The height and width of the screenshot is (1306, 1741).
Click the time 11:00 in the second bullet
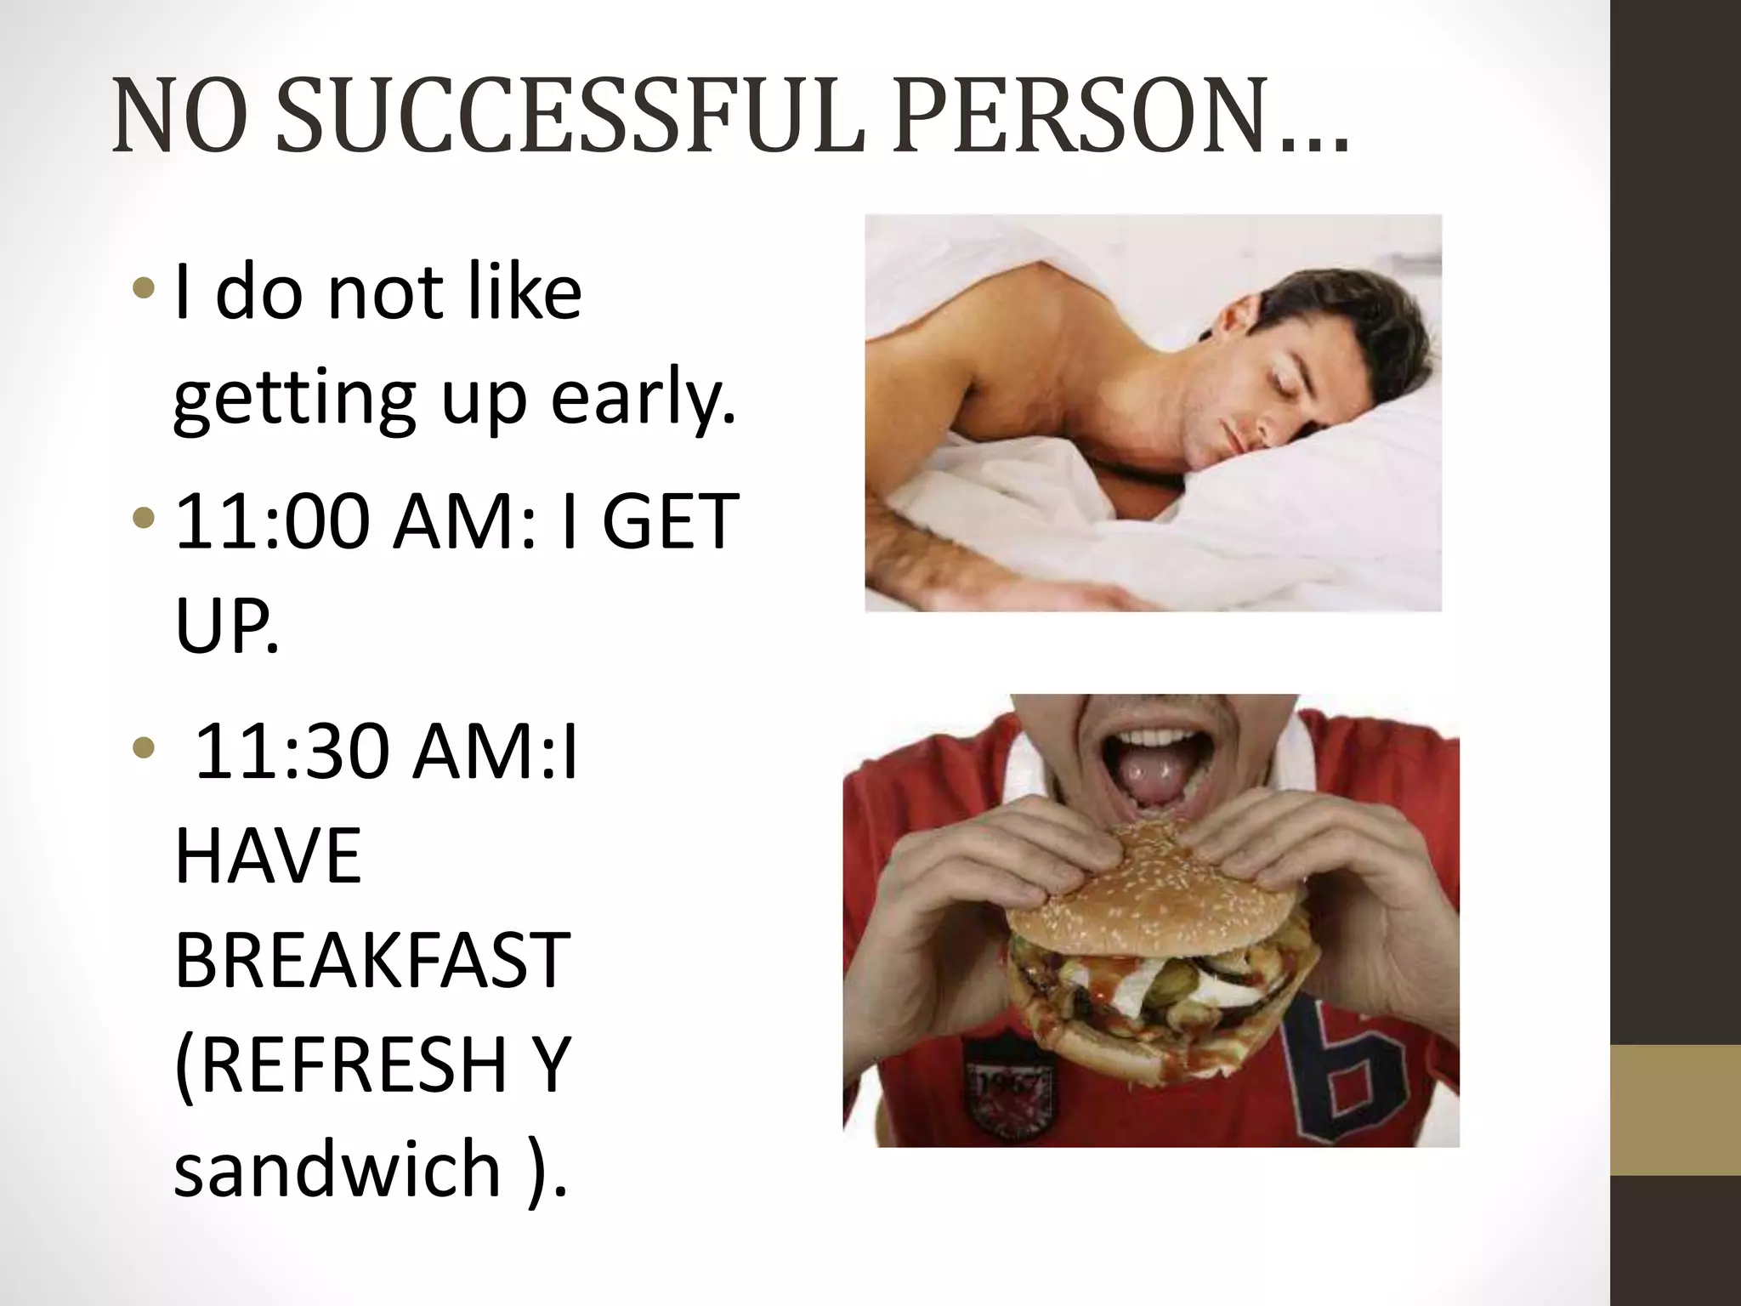coord(272,520)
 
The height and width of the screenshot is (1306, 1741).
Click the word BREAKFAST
coord(371,960)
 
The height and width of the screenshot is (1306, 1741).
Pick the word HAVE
coord(269,855)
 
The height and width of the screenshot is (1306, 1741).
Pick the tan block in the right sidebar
coord(1675,1110)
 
